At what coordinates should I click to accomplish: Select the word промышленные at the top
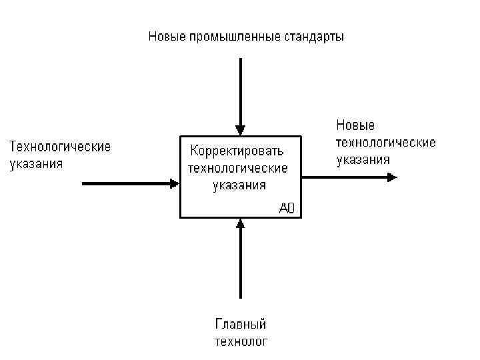point(225,36)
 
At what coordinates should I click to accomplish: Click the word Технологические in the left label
point(59,145)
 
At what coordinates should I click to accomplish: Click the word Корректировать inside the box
point(237,149)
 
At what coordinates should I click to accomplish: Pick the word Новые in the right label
point(355,125)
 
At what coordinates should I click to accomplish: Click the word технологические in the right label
point(386,142)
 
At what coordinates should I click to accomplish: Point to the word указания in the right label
point(363,159)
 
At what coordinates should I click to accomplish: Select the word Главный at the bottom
point(240,325)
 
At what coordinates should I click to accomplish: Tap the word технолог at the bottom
point(240,342)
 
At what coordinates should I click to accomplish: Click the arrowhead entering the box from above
point(241,130)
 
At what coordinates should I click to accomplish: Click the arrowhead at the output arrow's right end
point(392,177)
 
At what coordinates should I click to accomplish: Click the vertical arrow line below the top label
point(241,90)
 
